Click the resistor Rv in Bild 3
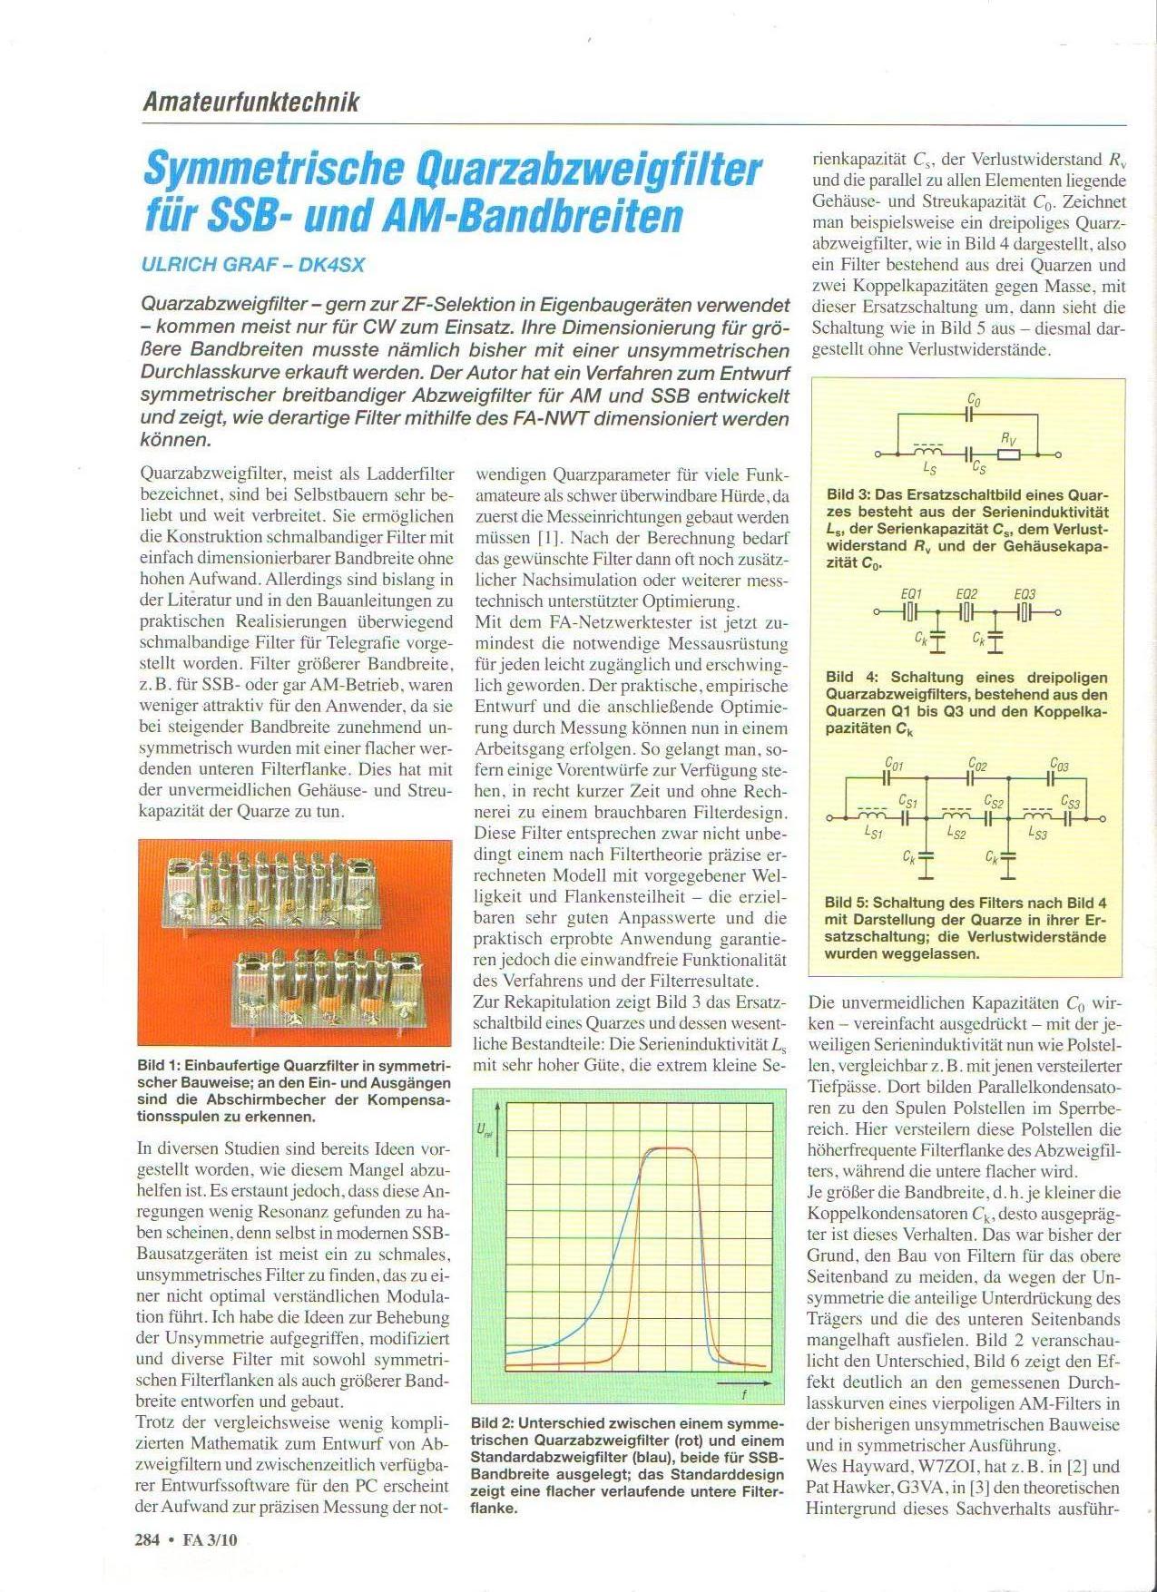click(1009, 454)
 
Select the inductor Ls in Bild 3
click(928, 452)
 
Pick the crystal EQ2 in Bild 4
click(967, 612)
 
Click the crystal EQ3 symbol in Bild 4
click(1025, 612)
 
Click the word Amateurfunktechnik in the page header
click(250, 102)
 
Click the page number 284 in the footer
click(147, 1539)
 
